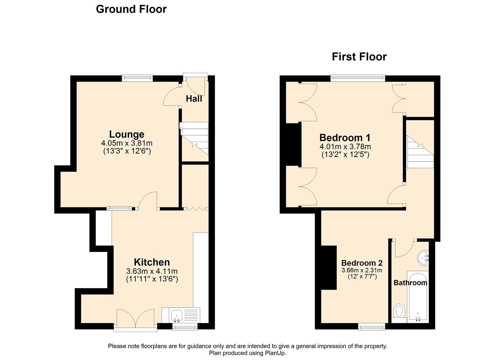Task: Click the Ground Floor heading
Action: click(x=131, y=9)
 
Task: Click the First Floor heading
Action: click(x=359, y=57)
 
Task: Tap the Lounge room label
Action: click(x=127, y=134)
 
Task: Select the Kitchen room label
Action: click(x=152, y=262)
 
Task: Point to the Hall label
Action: click(x=194, y=99)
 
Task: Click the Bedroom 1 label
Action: click(x=345, y=137)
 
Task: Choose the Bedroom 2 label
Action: click(x=362, y=263)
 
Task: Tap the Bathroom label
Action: click(x=410, y=283)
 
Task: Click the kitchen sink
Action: click(x=176, y=315)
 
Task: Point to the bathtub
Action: click(x=417, y=297)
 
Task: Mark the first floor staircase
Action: click(x=419, y=153)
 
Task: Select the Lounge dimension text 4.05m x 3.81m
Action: click(x=127, y=143)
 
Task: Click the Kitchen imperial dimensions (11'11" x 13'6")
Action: click(x=152, y=279)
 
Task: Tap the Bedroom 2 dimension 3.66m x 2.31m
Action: click(x=362, y=270)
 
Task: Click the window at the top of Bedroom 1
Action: click(x=358, y=78)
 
